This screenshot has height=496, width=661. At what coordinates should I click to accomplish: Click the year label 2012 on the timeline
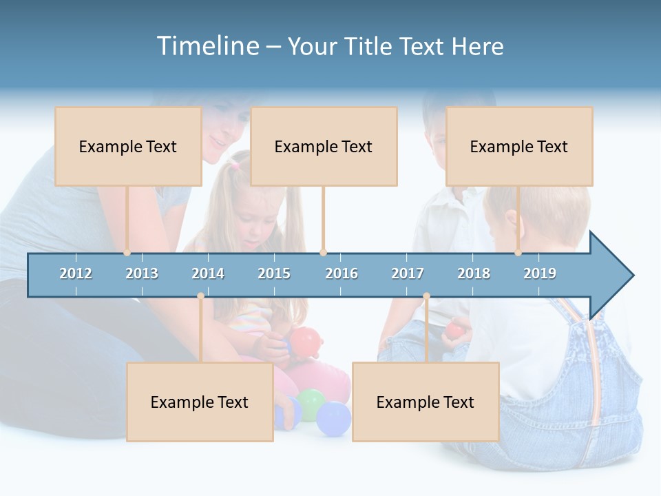[76, 273]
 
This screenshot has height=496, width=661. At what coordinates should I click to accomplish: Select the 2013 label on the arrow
[142, 273]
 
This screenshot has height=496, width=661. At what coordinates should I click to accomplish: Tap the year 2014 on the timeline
[208, 273]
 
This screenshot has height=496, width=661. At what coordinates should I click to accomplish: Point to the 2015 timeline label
[274, 273]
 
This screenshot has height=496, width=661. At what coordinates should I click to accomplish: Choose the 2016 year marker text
[342, 273]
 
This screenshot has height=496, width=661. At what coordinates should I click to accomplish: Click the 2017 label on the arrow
[408, 273]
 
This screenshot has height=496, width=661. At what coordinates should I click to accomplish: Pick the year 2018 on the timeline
[474, 273]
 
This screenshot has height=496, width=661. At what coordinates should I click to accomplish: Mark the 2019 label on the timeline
[540, 273]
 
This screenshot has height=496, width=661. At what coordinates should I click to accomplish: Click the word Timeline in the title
[207, 46]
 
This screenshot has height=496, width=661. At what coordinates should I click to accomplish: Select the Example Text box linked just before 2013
[128, 146]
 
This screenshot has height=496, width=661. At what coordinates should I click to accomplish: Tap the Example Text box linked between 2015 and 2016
[324, 146]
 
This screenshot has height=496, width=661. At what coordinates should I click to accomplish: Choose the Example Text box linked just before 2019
[519, 146]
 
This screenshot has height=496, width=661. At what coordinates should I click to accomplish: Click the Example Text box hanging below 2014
[200, 402]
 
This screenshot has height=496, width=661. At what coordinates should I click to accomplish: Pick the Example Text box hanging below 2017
[426, 402]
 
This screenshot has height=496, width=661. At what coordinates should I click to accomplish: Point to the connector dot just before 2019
[518, 253]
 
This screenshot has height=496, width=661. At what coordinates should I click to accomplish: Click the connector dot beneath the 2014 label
[200, 296]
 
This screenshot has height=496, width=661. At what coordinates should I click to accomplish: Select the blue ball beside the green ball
[334, 419]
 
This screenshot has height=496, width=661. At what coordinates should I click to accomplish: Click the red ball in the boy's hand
[454, 330]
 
